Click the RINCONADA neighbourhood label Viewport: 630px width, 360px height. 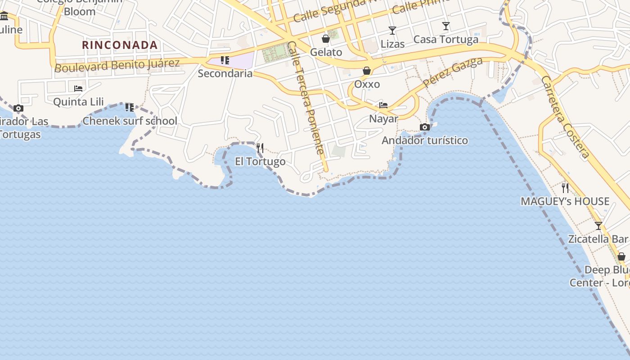tap(120, 45)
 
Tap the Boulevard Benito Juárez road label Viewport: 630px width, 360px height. tap(117, 65)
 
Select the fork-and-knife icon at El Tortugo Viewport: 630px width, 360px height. tap(260, 148)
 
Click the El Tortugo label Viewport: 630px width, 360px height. tap(260, 162)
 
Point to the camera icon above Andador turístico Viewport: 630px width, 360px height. tap(424, 127)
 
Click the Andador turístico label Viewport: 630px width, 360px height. tap(425, 140)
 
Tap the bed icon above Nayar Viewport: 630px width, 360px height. tap(383, 105)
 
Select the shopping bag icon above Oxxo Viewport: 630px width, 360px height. tap(367, 71)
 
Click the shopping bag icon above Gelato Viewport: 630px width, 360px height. tap(326, 39)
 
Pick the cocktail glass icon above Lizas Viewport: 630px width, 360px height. tap(392, 31)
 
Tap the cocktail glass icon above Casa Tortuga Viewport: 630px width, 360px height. tap(445, 26)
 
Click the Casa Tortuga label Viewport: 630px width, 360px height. tap(445, 40)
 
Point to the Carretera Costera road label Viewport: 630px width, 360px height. tap(566, 117)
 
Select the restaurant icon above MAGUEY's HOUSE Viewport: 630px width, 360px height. tap(565, 188)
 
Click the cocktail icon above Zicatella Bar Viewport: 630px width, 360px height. tap(598, 225)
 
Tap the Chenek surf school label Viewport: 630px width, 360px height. tap(130, 121)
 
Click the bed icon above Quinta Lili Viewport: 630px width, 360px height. tap(78, 88)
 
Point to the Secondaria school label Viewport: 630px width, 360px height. tap(225, 73)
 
